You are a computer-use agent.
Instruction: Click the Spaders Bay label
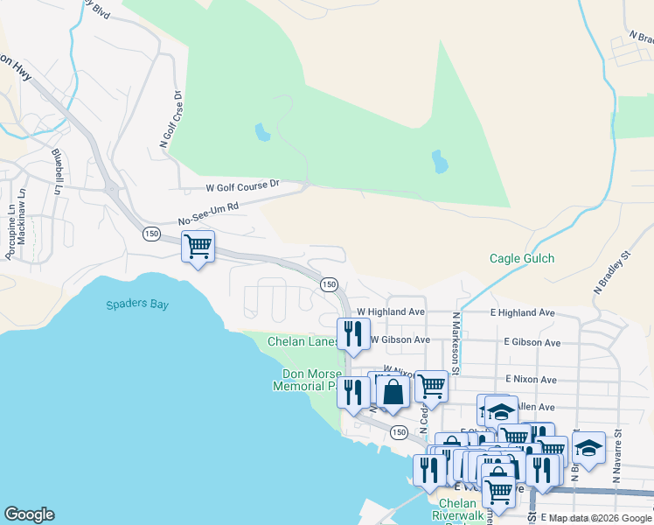pyautogui.click(x=137, y=304)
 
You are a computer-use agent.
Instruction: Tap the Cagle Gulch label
pyautogui.click(x=521, y=259)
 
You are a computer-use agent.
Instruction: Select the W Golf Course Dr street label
pyautogui.click(x=242, y=185)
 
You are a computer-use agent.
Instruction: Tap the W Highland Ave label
pyautogui.click(x=390, y=311)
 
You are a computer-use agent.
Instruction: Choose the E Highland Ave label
pyautogui.click(x=522, y=312)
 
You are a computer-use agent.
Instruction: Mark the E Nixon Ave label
pyautogui.click(x=531, y=380)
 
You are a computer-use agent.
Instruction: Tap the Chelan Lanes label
pyautogui.click(x=303, y=341)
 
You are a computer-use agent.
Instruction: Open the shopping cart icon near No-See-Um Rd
pyautogui.click(x=198, y=247)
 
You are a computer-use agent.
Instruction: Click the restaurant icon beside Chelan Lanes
pyautogui.click(x=354, y=334)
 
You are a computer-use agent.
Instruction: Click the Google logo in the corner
pyautogui.click(x=29, y=514)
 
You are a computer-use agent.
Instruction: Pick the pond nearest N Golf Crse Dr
pyautogui.click(x=261, y=133)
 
